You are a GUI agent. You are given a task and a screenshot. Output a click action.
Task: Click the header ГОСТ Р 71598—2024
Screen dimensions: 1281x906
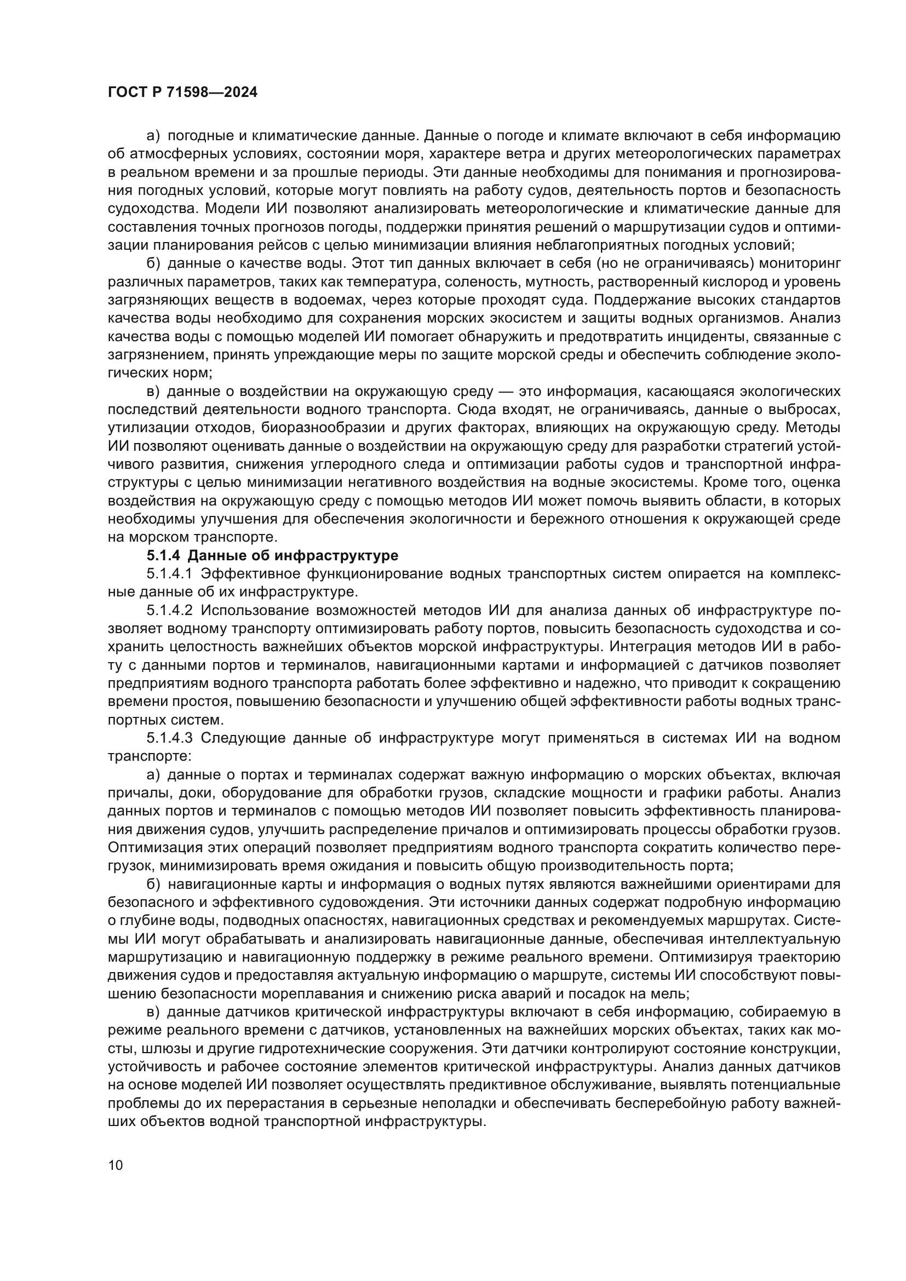click(183, 93)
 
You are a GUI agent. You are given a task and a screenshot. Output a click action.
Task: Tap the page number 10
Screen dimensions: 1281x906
click(116, 1165)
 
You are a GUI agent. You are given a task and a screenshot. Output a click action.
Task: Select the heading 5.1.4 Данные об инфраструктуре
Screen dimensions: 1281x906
click(272, 556)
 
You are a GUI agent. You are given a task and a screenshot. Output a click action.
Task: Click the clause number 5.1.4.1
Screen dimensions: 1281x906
click(170, 574)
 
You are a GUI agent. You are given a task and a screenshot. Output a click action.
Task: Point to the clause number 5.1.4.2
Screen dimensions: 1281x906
click(170, 610)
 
